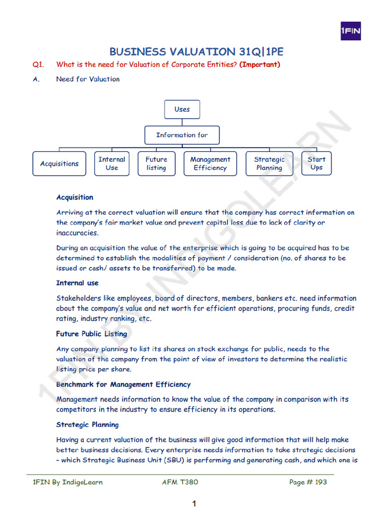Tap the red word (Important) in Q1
click(260, 65)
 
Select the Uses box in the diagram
click(182, 109)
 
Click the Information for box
click(182, 135)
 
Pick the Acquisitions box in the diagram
click(60, 164)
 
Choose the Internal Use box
click(112, 164)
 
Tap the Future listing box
click(156, 164)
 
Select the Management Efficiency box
click(210, 164)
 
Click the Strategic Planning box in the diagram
click(269, 164)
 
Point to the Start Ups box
click(316, 164)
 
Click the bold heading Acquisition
click(75, 197)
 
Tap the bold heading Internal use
click(77, 283)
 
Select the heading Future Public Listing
click(91, 334)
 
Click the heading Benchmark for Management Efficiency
click(123, 384)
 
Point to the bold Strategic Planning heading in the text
click(87, 425)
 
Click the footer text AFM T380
click(180, 482)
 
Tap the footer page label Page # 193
click(308, 482)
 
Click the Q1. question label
click(39, 65)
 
